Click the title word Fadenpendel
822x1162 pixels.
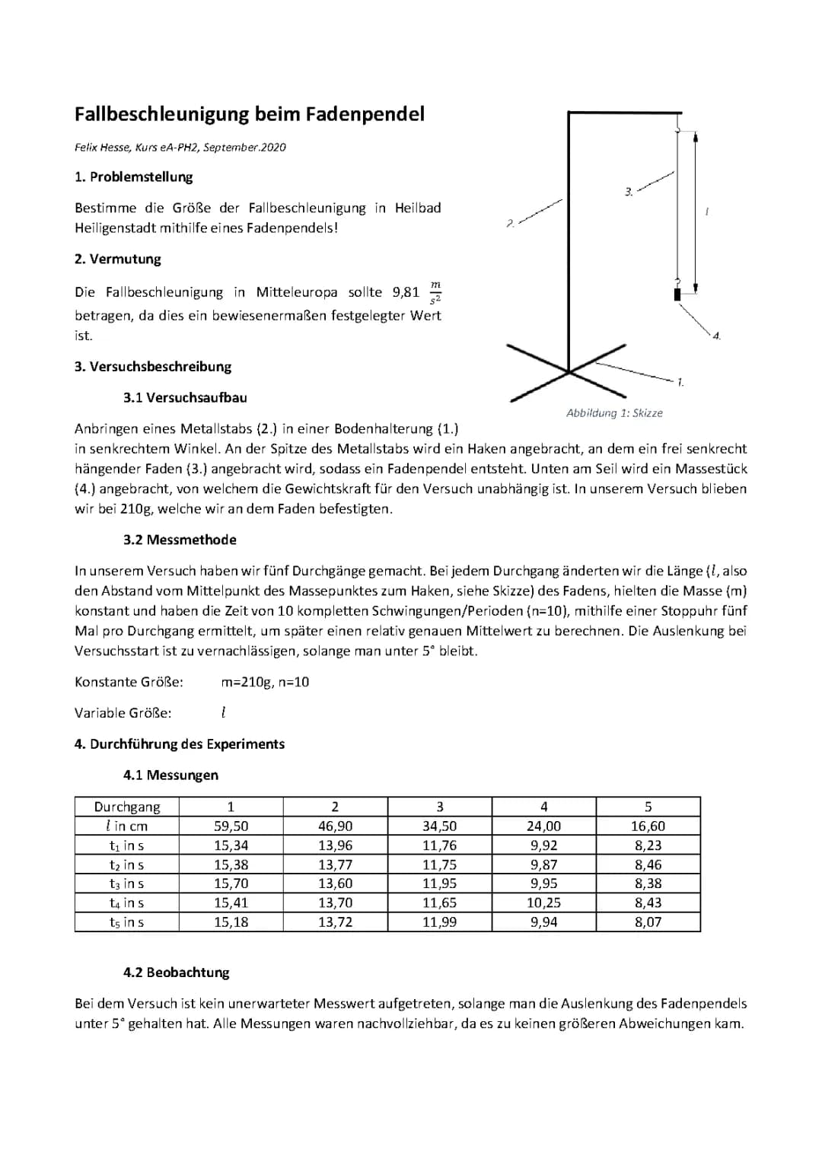(x=365, y=114)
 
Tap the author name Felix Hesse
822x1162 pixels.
(x=103, y=148)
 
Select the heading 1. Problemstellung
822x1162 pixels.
(x=134, y=177)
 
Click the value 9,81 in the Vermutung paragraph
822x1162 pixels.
(x=406, y=292)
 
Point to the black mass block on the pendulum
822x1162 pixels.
(x=677, y=294)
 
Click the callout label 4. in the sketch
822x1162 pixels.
(x=716, y=336)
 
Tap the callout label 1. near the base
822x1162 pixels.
(x=680, y=382)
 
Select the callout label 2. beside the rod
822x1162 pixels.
(x=511, y=223)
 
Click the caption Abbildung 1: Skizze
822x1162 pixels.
(x=614, y=413)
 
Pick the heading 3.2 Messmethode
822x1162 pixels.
(x=180, y=540)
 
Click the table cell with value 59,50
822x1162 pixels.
(x=231, y=826)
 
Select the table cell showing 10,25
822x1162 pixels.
(x=543, y=903)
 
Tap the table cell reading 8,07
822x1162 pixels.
(x=648, y=922)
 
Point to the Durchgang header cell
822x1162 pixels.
(x=127, y=807)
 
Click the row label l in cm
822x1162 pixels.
(x=127, y=826)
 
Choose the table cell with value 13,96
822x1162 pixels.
(x=335, y=845)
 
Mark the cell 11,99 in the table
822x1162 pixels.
(x=439, y=922)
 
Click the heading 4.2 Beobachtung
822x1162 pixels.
(x=176, y=973)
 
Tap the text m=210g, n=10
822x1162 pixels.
(x=265, y=683)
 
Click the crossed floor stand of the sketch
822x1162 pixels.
(x=568, y=371)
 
